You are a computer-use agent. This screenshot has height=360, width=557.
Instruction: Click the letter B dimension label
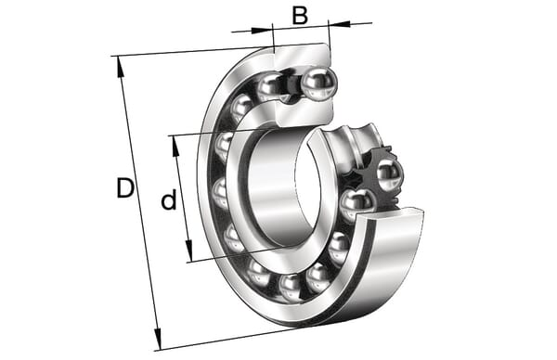coord(300,16)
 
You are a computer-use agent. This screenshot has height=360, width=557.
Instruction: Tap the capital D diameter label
coord(125,188)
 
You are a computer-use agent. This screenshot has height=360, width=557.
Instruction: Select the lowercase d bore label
coord(169,199)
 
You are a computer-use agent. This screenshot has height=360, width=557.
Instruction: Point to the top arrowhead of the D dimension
coord(121,67)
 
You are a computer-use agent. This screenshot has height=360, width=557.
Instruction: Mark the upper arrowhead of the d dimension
coord(175,147)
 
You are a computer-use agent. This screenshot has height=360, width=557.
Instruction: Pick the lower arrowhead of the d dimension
coord(188,251)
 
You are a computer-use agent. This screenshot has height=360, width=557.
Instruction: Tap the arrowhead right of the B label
coord(339,24)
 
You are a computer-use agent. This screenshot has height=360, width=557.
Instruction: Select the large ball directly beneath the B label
coord(317,84)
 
